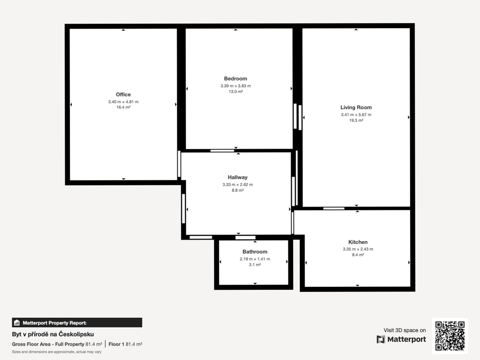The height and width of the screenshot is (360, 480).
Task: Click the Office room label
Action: (123, 95)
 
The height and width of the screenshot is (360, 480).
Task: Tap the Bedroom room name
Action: (235, 79)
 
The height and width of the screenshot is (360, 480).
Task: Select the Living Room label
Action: (356, 107)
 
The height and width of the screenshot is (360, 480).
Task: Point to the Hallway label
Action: (238, 177)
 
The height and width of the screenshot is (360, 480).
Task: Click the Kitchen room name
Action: (358, 242)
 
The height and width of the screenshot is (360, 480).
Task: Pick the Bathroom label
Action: (255, 252)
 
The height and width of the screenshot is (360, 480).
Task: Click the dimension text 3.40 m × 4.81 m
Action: (123, 102)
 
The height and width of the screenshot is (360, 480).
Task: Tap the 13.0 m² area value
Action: (235, 91)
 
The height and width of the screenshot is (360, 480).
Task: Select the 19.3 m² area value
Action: (356, 120)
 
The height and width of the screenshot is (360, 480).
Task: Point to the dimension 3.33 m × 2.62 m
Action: (238, 185)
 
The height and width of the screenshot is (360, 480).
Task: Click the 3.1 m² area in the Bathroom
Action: (255, 264)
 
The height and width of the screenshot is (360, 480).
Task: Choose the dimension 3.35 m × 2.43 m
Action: (358, 249)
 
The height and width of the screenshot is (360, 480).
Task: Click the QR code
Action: (450, 336)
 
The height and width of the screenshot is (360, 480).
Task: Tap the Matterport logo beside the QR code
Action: (401, 339)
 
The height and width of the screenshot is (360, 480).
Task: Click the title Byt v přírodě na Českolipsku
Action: (53, 334)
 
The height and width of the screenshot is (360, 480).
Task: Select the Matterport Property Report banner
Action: (77, 322)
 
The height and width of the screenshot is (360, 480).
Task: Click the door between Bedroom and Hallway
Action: (222, 150)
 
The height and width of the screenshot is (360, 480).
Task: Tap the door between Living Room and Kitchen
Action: (334, 209)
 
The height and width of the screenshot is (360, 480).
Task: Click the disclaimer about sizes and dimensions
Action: (57, 352)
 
